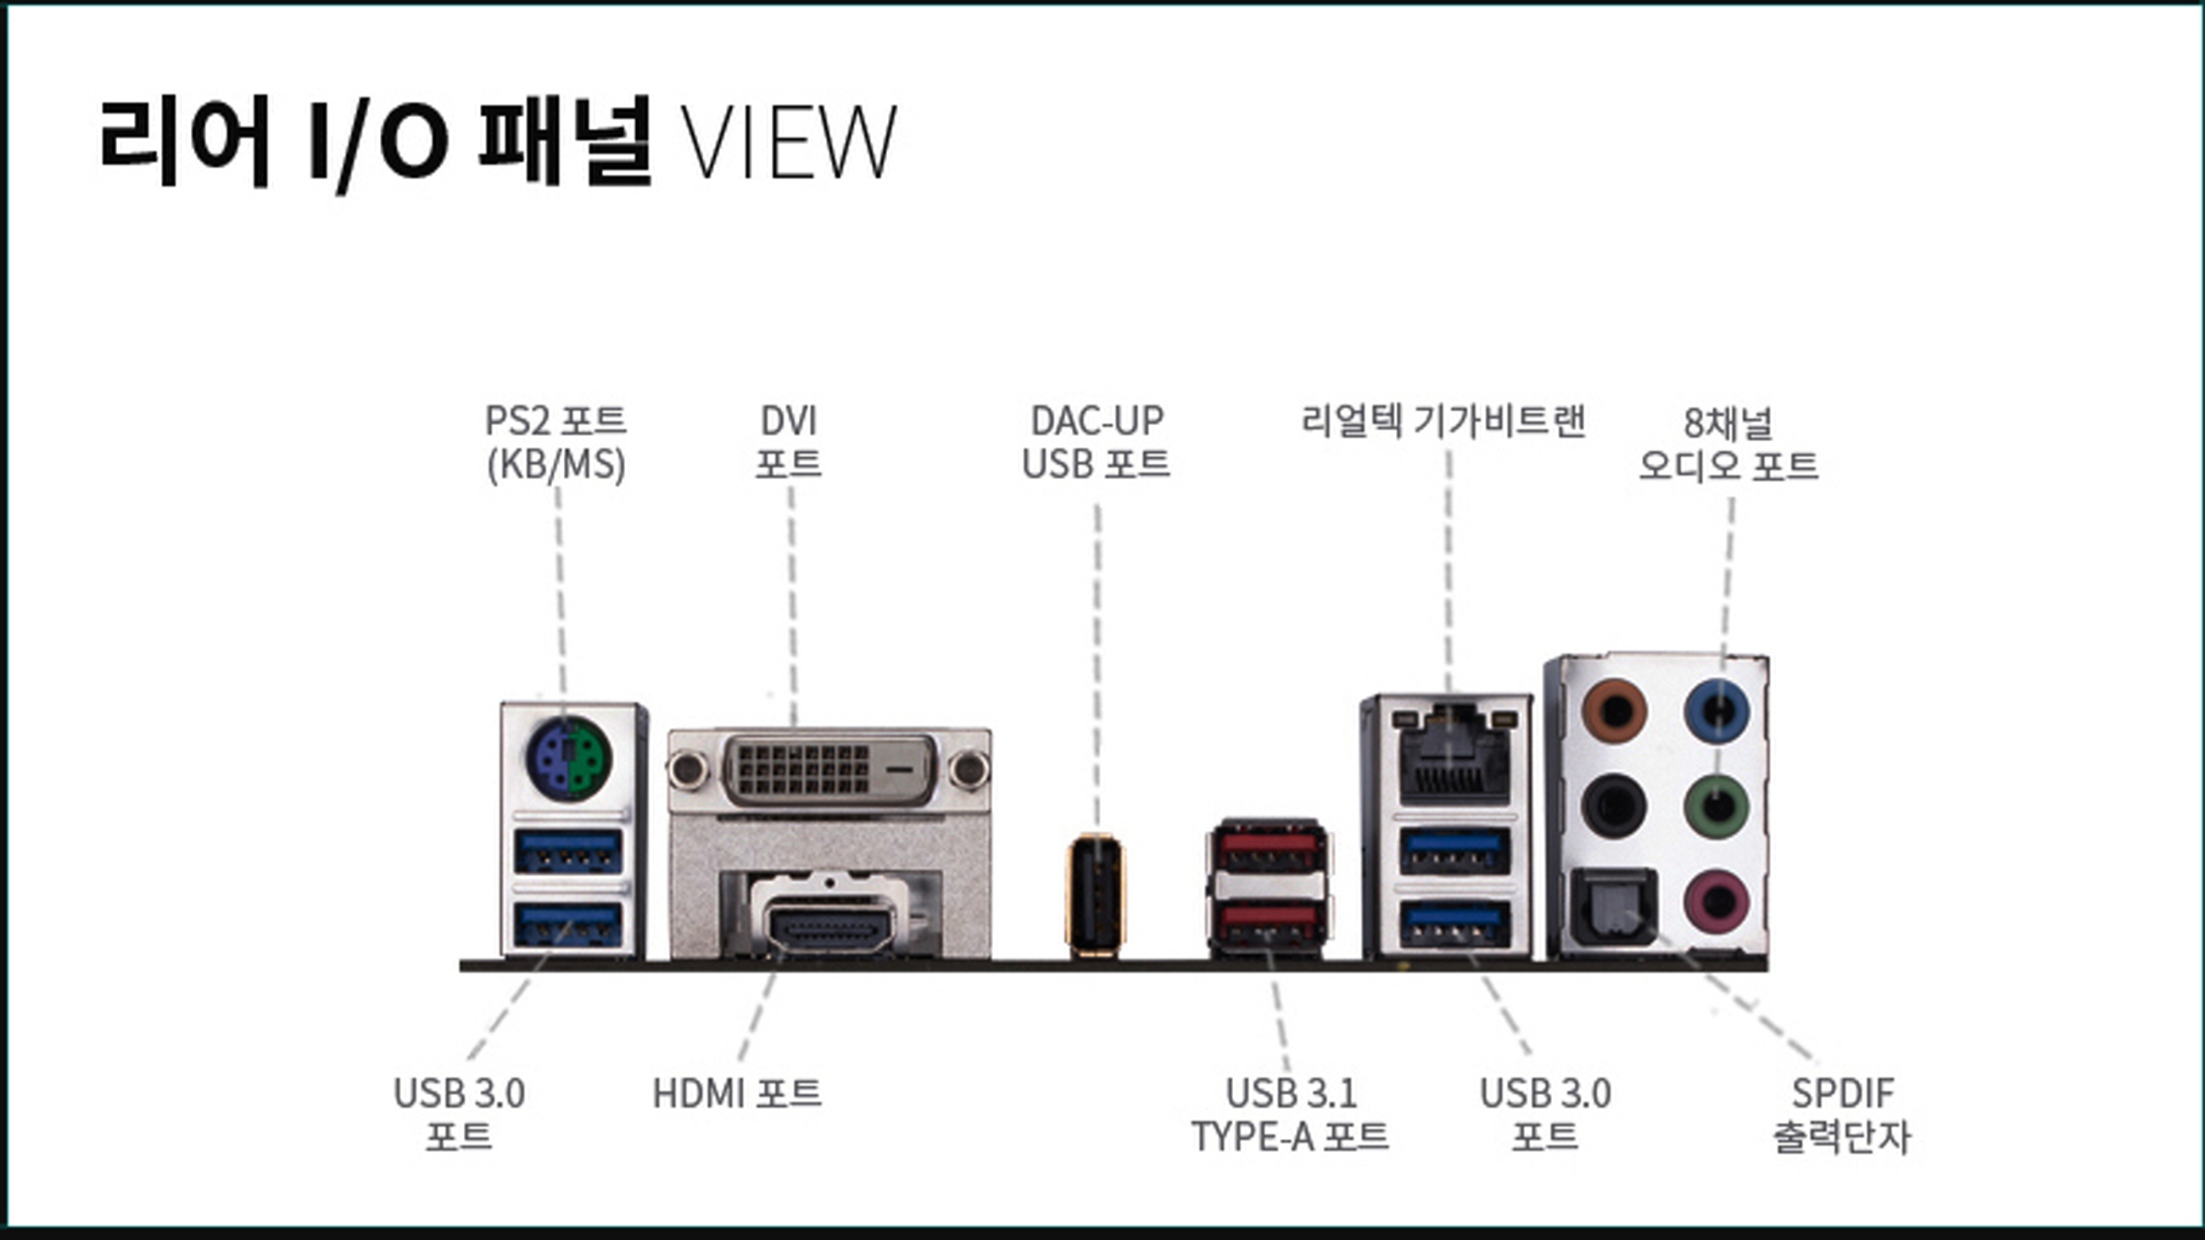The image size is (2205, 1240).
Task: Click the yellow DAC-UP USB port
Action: [1095, 894]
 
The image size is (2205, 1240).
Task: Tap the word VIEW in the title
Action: [788, 142]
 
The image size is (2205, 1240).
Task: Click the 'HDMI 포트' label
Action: [737, 1093]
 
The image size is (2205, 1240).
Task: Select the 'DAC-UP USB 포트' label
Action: [1097, 443]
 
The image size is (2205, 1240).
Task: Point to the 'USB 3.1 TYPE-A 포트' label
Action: [1290, 1115]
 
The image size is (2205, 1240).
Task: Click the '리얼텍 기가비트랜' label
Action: [1443, 421]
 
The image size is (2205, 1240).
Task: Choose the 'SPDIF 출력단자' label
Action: [1842, 1115]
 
